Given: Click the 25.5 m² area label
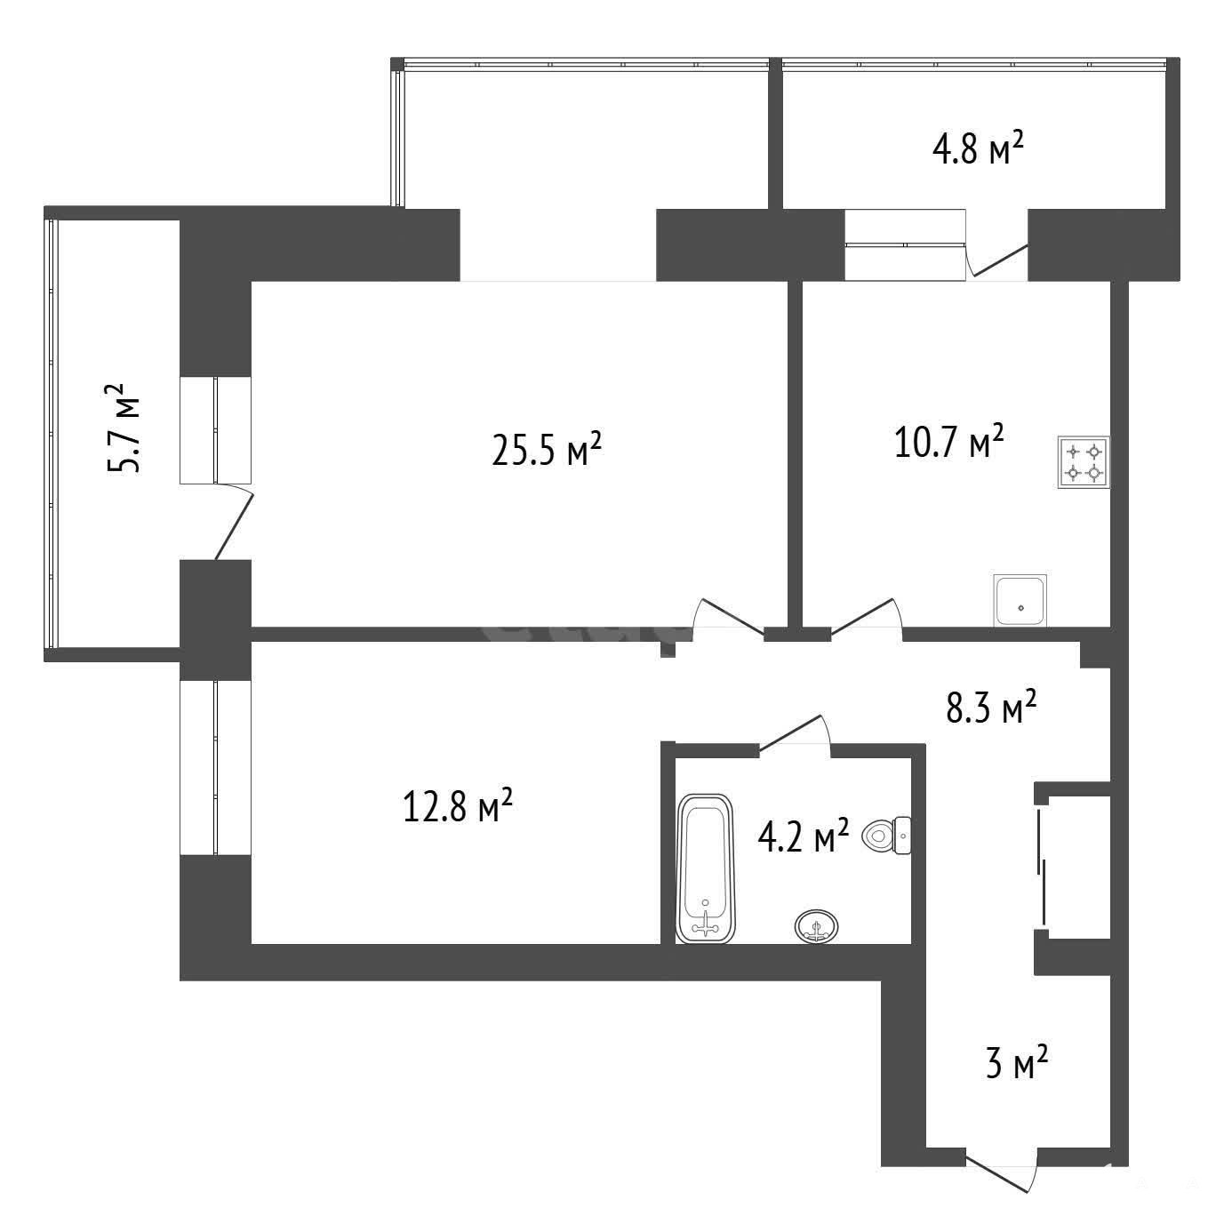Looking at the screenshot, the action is coord(547,449).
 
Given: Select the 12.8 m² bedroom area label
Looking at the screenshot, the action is coord(457,804).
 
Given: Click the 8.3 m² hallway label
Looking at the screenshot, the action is coord(991,707).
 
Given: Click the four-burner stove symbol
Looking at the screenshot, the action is coord(1084,462).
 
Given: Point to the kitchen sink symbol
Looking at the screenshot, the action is coord(1020,600).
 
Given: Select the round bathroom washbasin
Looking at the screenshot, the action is coord(816,925).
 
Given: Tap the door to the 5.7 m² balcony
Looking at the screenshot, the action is coord(234,521).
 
